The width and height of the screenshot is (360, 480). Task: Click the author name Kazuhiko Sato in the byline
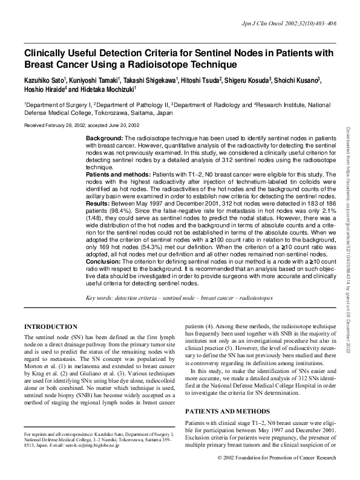tap(45, 80)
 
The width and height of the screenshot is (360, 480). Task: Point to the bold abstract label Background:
tap(104, 138)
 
